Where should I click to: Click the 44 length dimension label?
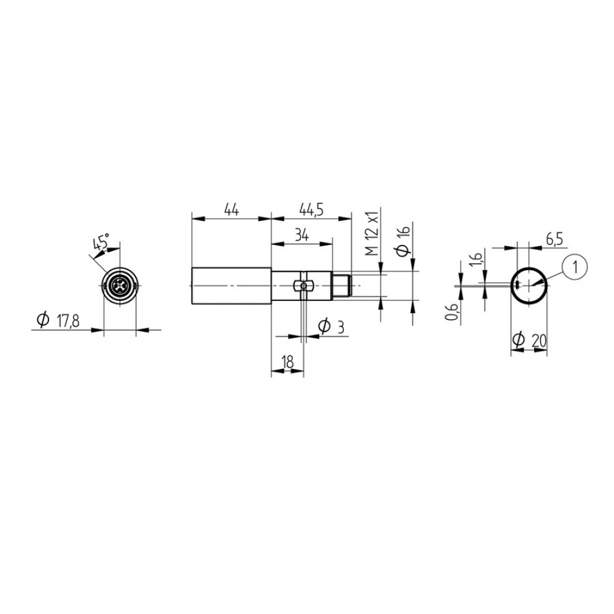click(231, 209)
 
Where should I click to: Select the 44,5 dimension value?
click(311, 210)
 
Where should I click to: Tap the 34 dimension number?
click(302, 235)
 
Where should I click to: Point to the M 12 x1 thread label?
click(373, 233)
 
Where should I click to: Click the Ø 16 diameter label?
click(403, 241)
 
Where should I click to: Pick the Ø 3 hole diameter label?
click(332, 327)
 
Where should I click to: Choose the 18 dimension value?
click(287, 362)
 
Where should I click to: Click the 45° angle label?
click(101, 242)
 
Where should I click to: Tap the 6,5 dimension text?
click(556, 239)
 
